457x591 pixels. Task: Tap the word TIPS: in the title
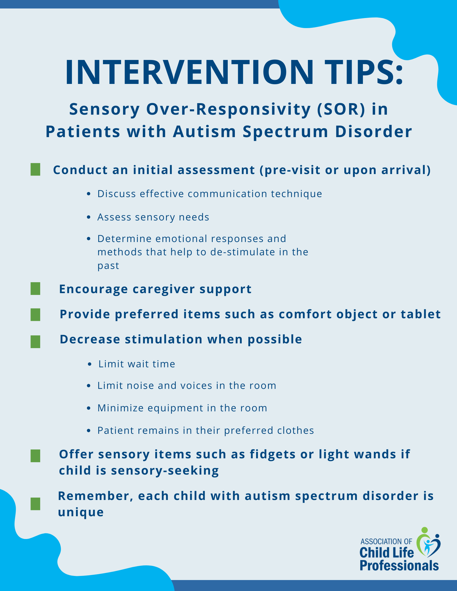pos(363,72)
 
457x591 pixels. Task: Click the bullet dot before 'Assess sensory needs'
pos(89,217)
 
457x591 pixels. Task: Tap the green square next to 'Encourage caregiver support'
pos(35,289)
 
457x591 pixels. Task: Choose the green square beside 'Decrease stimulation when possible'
pos(35,342)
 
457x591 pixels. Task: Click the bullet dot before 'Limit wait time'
pos(90,364)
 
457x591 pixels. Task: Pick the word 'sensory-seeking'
pos(165,470)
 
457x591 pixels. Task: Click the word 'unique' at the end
pos(81,512)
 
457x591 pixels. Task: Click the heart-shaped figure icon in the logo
pos(428,544)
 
